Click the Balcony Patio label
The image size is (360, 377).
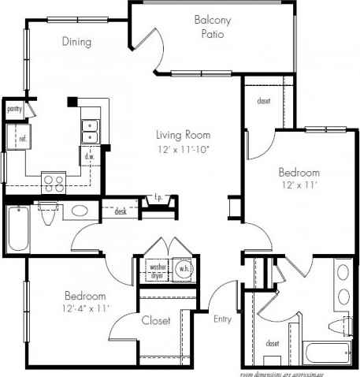pos(210,28)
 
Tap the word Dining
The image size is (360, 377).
pos(76,42)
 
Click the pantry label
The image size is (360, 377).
pos(13,109)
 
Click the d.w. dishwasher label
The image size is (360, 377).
pos(90,157)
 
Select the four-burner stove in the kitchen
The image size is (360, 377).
pos(54,183)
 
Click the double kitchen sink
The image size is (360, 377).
pos(90,130)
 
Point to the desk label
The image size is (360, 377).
pos(121,211)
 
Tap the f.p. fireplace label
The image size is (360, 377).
pos(157,198)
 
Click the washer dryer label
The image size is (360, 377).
pos(158,271)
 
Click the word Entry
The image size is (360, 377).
pos(223,319)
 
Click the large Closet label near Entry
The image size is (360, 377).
pos(157,321)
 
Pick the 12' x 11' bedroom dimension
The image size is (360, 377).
pos(299,186)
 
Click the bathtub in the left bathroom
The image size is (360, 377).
pos(17,227)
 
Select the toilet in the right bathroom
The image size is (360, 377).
pos(345,325)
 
